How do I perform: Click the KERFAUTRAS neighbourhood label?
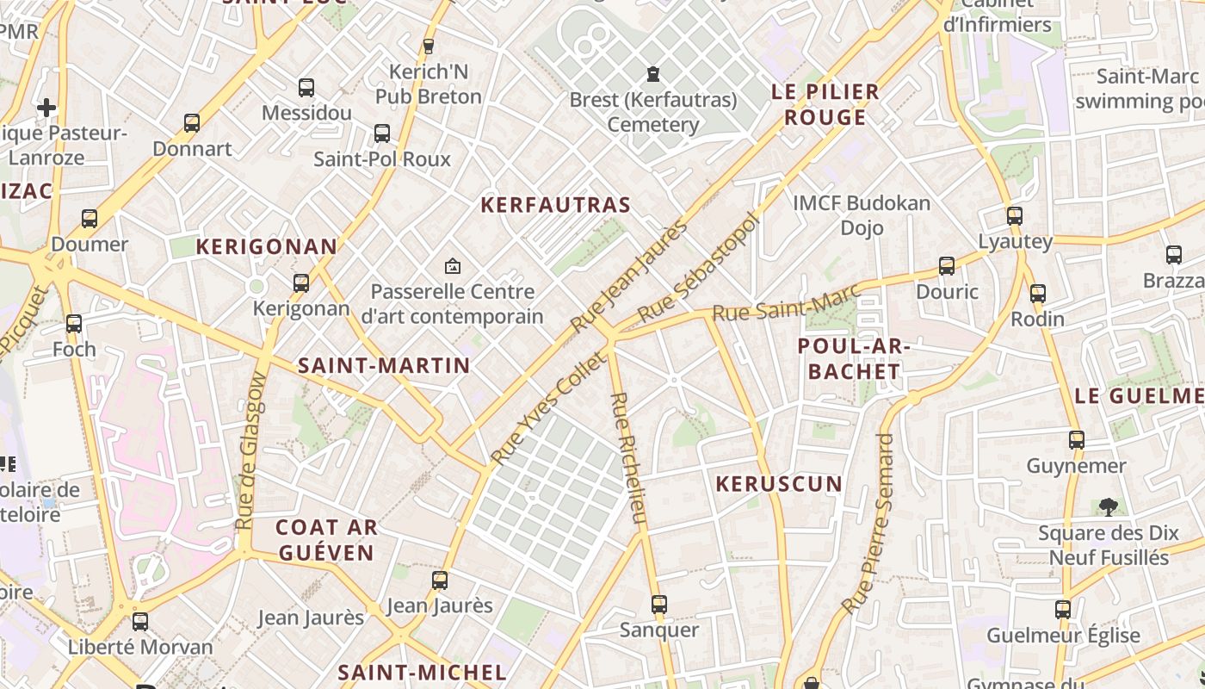(x=555, y=205)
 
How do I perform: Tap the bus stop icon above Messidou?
(x=306, y=87)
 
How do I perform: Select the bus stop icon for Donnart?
(x=192, y=123)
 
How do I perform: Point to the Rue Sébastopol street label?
(x=700, y=268)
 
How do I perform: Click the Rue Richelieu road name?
(x=627, y=458)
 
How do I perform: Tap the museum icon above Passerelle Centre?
(x=452, y=267)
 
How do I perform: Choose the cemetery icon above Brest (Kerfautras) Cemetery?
(x=653, y=74)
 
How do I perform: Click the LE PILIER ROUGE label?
(x=825, y=104)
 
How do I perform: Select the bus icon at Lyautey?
(x=1015, y=215)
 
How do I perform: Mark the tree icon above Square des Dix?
(x=1108, y=506)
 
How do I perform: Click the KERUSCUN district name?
(x=779, y=484)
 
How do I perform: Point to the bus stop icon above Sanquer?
(x=659, y=604)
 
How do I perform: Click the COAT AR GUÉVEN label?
(x=325, y=540)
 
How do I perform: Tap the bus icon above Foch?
(x=74, y=324)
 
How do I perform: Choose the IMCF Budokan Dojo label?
(x=862, y=215)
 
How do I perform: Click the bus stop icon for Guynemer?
(x=1076, y=440)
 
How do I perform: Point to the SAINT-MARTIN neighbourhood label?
(x=384, y=365)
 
